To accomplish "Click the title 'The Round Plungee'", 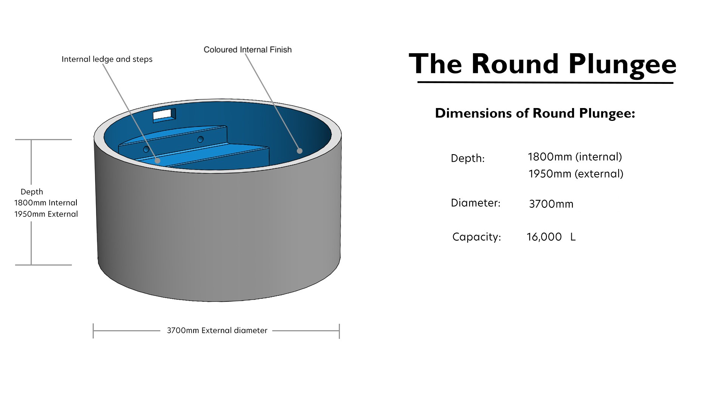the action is coord(543,64).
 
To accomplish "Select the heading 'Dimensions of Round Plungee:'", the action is coord(535,113).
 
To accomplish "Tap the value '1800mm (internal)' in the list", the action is coord(575,157).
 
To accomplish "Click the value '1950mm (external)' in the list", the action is coord(576,174).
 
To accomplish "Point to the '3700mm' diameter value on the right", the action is coord(551,204).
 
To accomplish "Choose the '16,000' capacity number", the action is coord(544,237).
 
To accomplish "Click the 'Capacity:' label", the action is coord(476,237).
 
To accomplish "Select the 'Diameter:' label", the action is coord(475,203).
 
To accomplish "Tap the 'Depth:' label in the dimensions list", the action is coord(468,158).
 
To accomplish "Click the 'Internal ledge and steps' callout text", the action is coord(107,59).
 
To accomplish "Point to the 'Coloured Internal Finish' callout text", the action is coord(248,49).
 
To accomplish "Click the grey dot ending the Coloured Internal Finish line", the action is coord(299,151).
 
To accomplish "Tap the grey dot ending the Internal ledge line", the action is coord(157,161).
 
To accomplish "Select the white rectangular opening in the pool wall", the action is coord(164,114).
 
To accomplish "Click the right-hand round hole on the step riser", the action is coord(200,139).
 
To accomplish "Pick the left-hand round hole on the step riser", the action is coord(146,149).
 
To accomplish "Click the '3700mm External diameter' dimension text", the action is coord(217,331).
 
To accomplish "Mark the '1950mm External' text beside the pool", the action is coord(46,214).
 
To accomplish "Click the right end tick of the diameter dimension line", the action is coord(339,331).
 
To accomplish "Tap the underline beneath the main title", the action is coord(545,82).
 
